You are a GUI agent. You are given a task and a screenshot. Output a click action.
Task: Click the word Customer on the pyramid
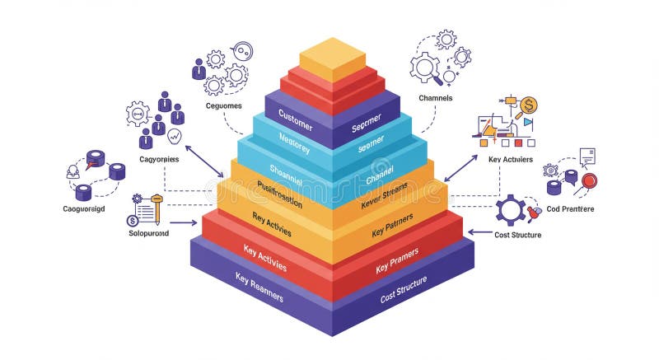(295, 115)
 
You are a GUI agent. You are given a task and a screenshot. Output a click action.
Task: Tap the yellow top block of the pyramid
(332, 56)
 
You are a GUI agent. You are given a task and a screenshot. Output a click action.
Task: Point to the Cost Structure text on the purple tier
(404, 289)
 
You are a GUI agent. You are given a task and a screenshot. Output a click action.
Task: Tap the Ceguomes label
(223, 106)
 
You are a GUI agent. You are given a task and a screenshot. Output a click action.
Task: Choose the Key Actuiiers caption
(510, 159)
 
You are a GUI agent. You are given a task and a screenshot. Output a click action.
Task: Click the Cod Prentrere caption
(570, 209)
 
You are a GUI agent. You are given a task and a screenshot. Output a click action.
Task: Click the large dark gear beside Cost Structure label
(511, 210)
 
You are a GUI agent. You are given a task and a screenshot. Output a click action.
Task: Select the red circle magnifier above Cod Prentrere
(589, 180)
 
